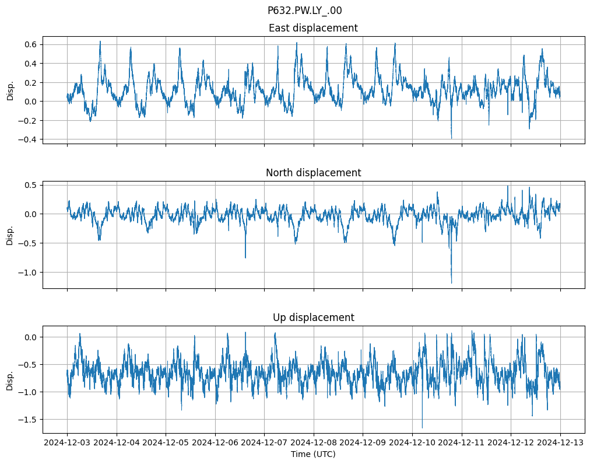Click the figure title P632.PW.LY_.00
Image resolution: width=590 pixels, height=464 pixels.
point(304,11)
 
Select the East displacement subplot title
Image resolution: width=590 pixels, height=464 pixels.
point(313,28)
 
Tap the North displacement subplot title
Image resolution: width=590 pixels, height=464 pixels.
point(313,173)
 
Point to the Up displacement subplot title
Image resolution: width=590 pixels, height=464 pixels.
point(313,318)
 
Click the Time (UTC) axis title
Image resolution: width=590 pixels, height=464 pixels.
point(313,454)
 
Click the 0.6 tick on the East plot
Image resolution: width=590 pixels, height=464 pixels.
point(30,44)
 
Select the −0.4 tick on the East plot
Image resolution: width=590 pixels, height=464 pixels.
point(28,139)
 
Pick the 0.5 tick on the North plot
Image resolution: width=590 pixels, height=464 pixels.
point(30,185)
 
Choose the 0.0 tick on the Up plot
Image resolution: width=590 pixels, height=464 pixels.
point(30,337)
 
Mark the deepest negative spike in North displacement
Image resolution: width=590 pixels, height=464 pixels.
point(451,283)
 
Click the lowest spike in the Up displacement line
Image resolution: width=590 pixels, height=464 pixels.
point(422,428)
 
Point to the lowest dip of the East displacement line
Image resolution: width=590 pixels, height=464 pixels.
point(451,138)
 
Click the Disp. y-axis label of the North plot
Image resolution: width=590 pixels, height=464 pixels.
point(10,234)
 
